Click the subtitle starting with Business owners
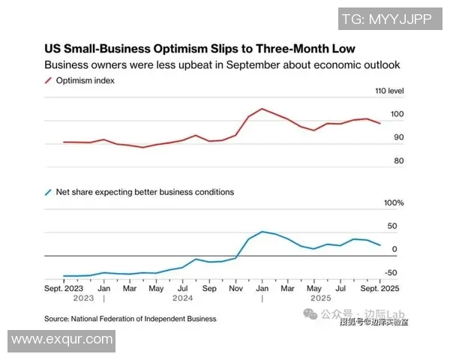(x=222, y=65)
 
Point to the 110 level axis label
(x=389, y=91)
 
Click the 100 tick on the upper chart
(x=397, y=115)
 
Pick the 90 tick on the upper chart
(x=397, y=138)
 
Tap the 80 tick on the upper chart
(x=397, y=161)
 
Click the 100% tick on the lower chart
(x=394, y=203)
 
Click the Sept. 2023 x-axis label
(x=63, y=288)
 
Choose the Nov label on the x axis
(x=236, y=288)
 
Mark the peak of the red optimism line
(x=262, y=109)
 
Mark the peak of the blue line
(x=262, y=232)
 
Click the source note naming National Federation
(x=130, y=319)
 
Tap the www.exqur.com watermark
(x=61, y=340)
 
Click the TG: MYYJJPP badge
(x=385, y=19)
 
